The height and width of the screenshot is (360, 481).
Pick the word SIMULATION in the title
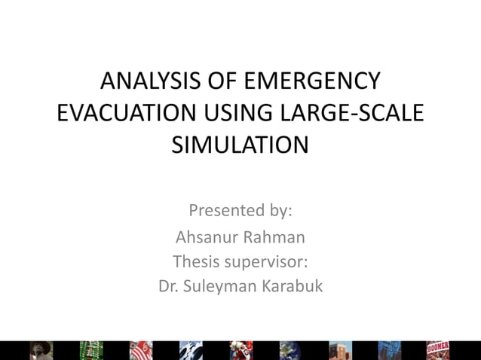tap(240, 144)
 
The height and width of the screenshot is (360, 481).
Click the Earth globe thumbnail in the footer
tap(290, 350)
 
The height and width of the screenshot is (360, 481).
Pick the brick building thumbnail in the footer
tap(340, 350)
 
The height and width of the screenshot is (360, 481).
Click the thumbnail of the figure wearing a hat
tap(41, 350)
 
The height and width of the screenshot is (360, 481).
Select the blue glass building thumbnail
tap(390, 350)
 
